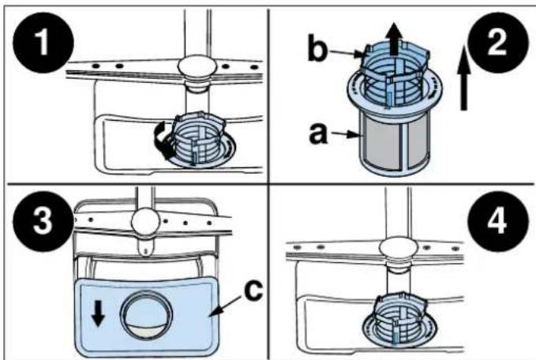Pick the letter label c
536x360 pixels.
251,290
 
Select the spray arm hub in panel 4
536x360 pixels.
395,251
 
